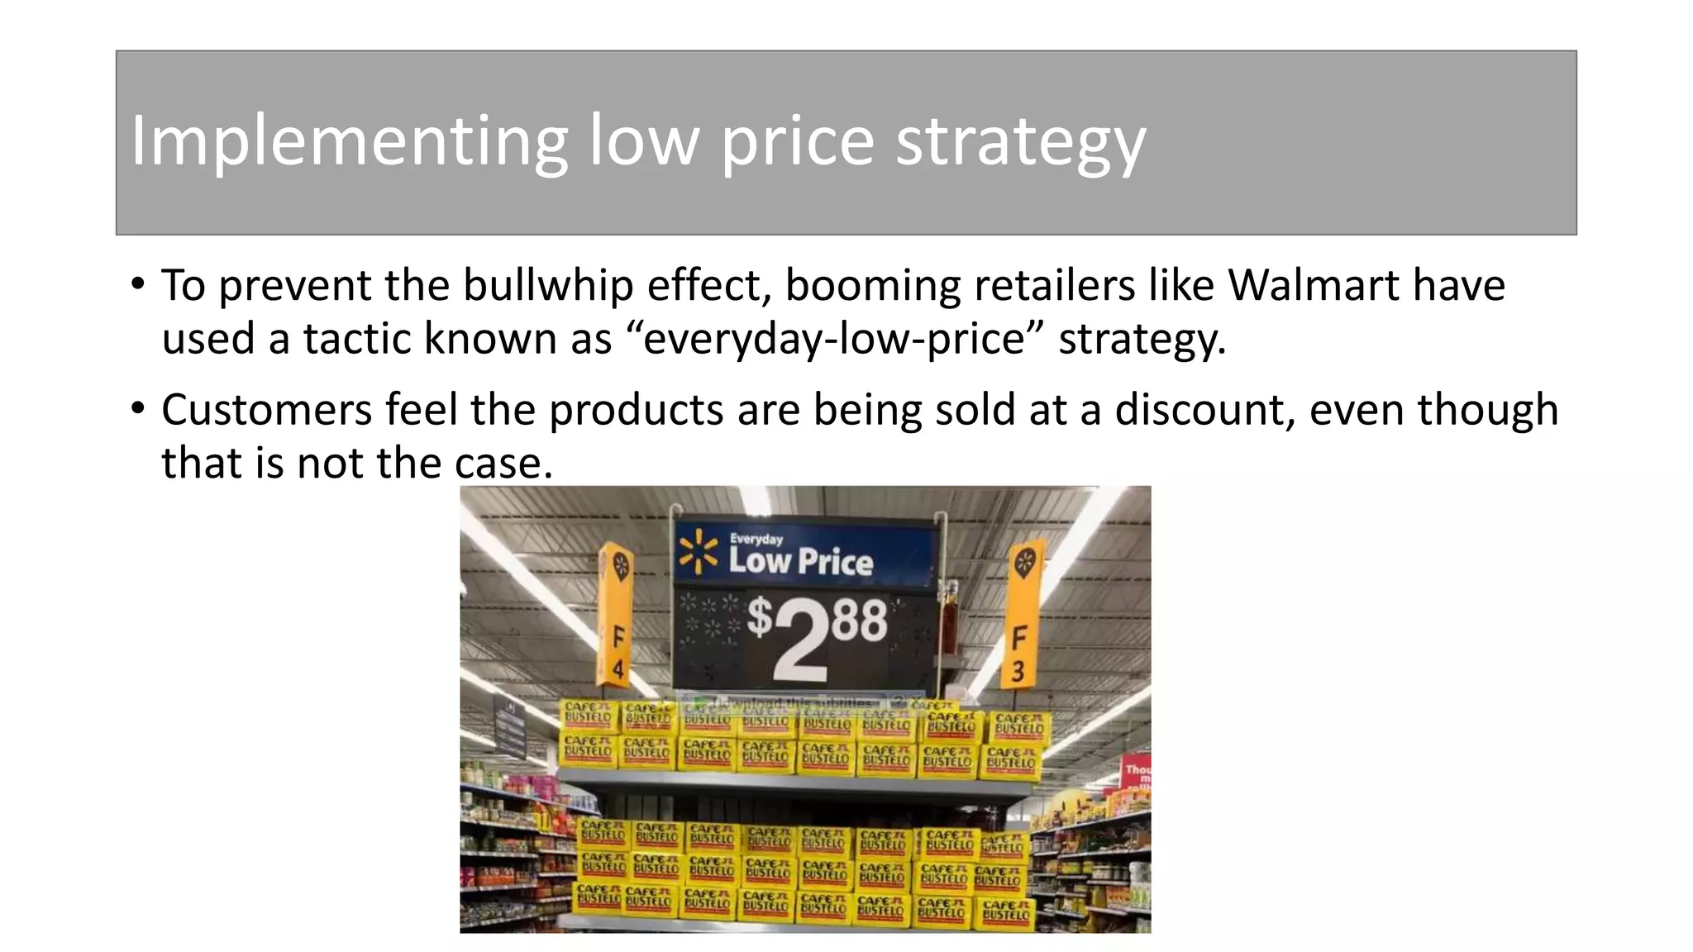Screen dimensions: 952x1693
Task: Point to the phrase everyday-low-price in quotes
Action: pos(834,339)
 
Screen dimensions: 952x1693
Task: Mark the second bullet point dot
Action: pos(137,410)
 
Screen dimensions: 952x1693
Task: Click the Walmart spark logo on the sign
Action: pos(699,552)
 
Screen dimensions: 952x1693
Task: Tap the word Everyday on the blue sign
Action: pos(756,539)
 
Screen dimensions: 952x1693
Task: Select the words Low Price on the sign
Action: pos(800,562)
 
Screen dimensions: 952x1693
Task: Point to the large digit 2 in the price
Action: pos(800,640)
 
